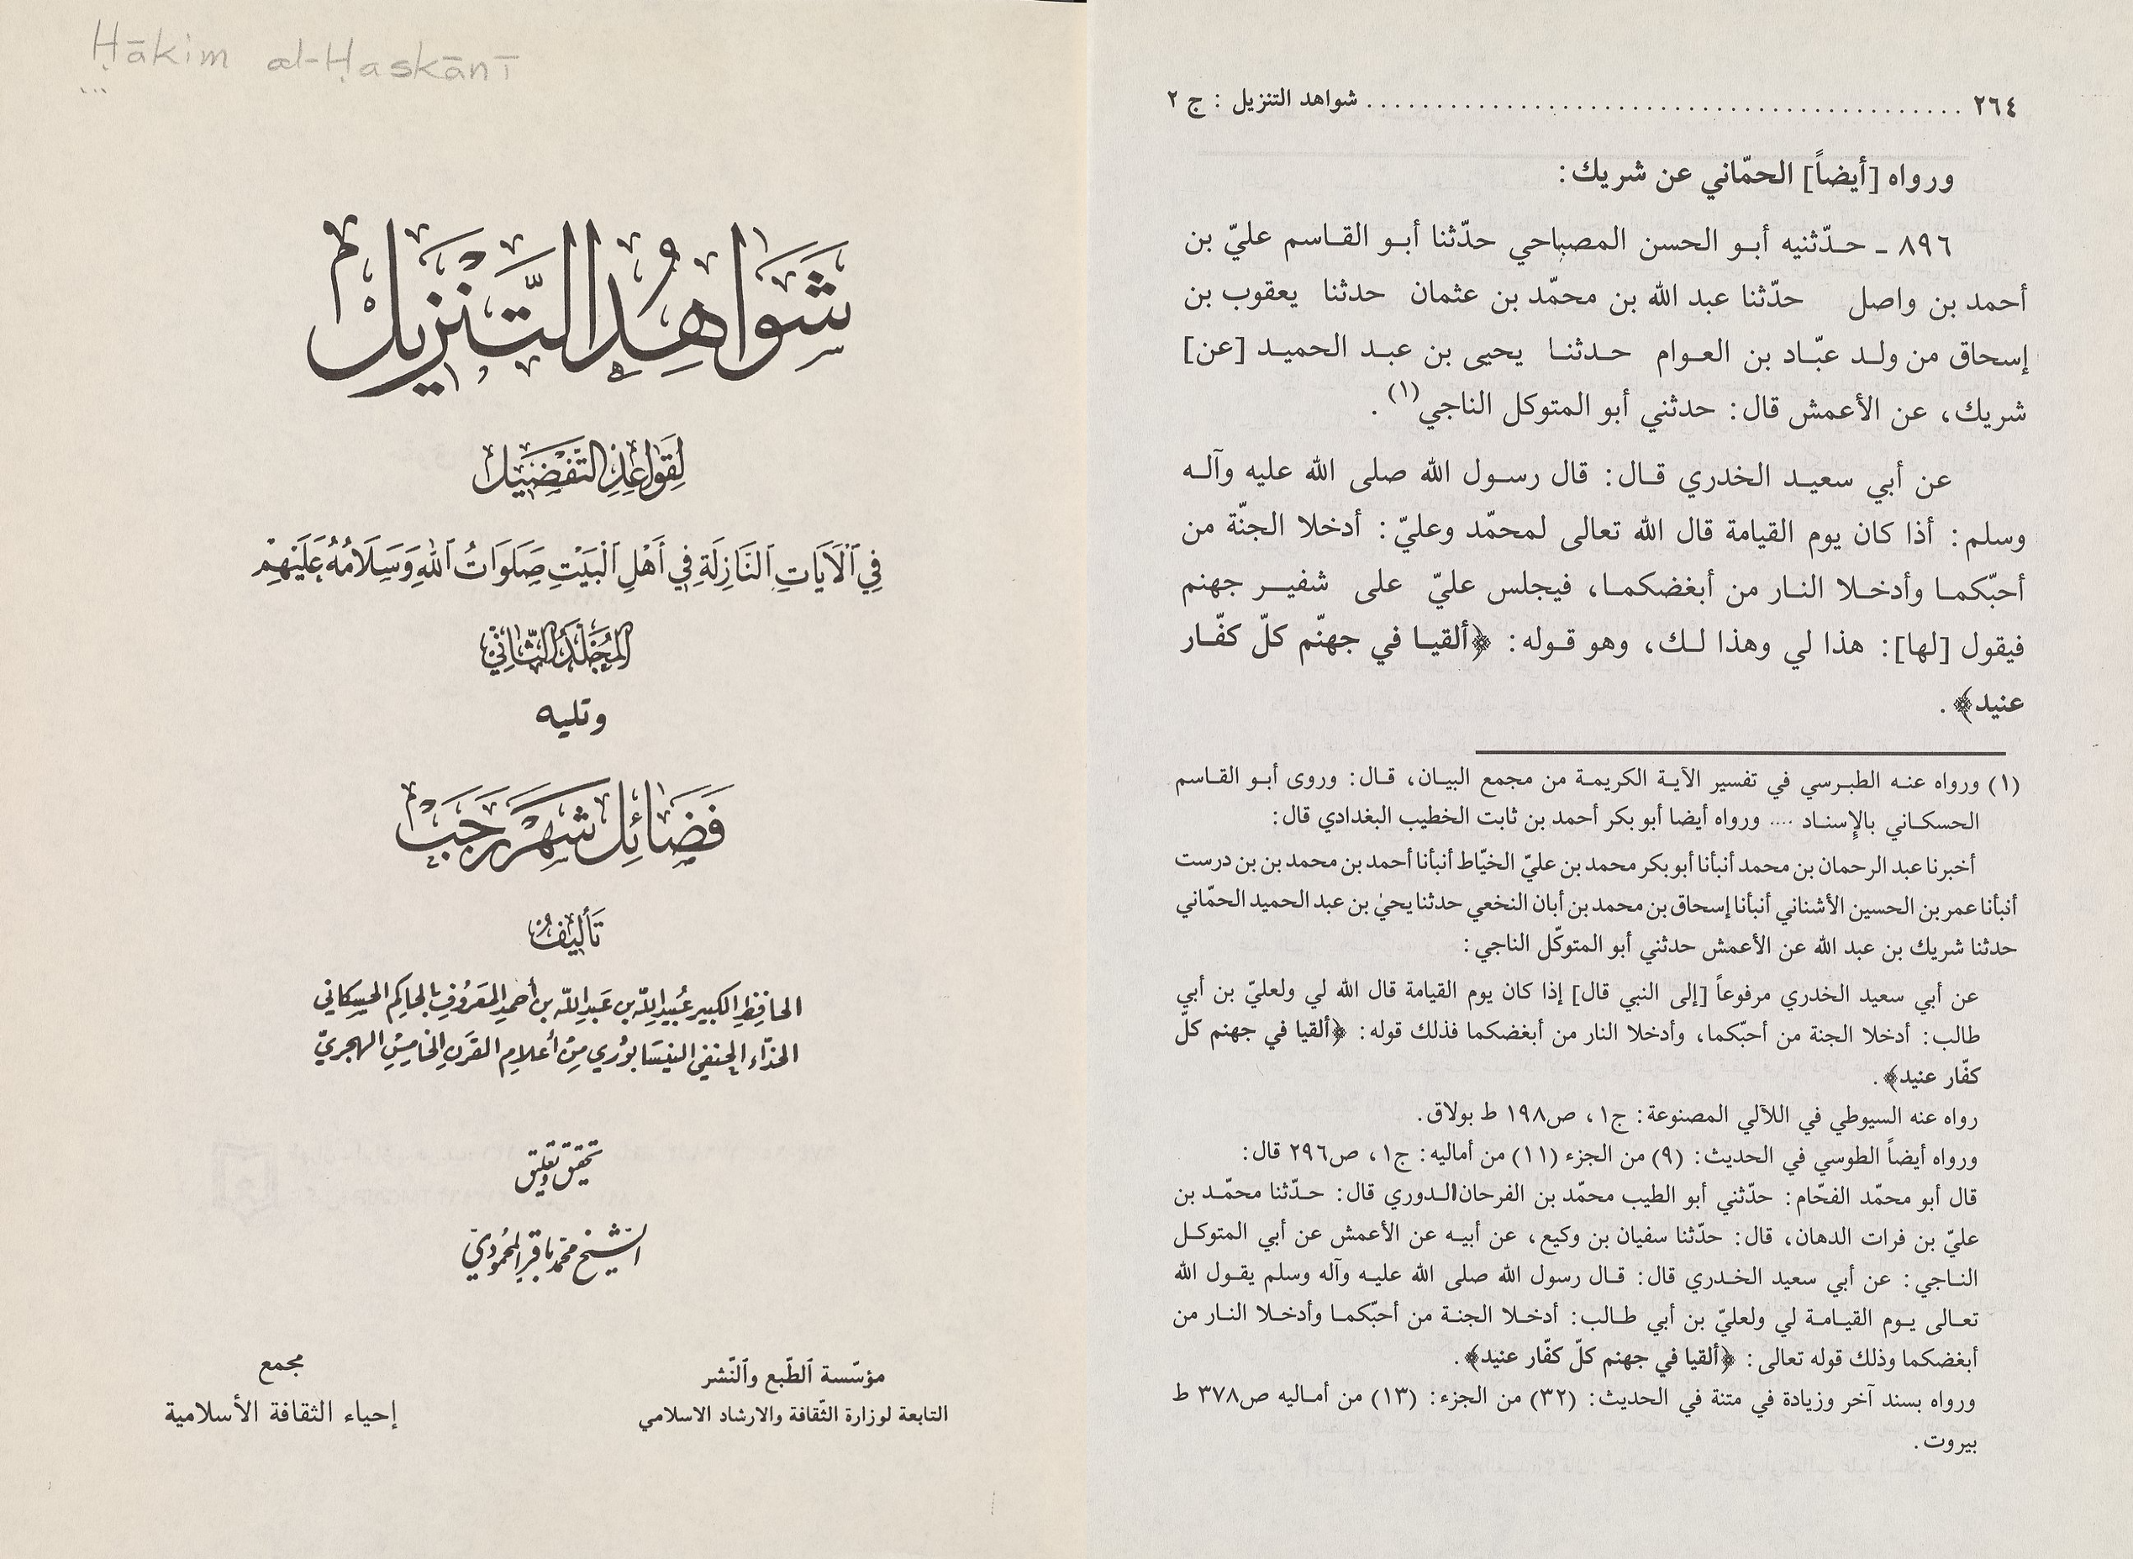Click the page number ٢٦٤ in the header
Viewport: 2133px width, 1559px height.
1994,107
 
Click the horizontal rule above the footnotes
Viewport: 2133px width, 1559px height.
1741,753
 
